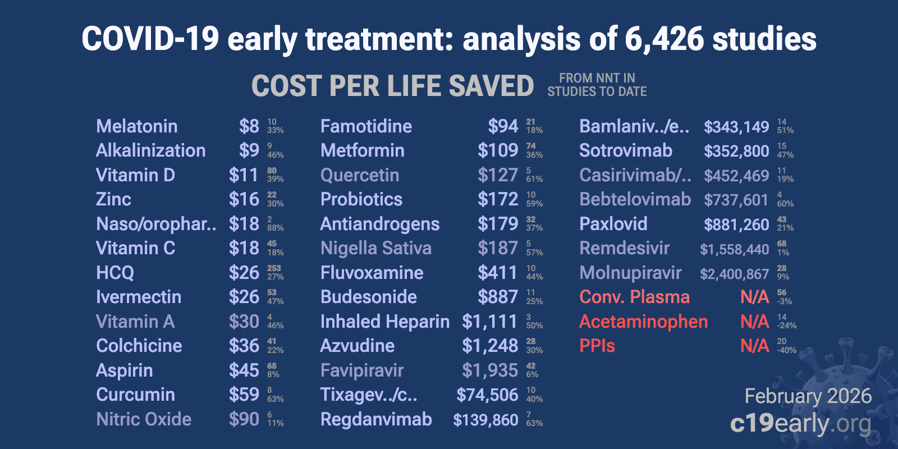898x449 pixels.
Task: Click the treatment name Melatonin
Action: (136, 126)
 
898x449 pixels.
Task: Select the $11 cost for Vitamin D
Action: (244, 175)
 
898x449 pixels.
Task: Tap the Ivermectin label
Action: (139, 297)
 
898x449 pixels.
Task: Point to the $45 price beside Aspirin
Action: (244, 370)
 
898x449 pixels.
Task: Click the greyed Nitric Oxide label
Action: (144, 419)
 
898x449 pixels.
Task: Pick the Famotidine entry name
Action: (366, 126)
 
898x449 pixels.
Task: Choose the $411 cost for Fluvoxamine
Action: (497, 273)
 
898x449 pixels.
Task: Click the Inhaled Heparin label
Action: (384, 322)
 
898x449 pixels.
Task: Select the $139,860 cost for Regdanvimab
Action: (485, 420)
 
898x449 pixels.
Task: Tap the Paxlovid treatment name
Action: (613, 224)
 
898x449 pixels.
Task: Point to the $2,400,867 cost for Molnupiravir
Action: (734, 274)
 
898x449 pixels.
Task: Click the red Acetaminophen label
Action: (643, 322)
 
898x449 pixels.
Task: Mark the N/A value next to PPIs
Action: (754, 346)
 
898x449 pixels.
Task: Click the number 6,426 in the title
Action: (663, 39)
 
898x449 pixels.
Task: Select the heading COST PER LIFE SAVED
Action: (392, 86)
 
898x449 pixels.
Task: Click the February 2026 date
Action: (808, 396)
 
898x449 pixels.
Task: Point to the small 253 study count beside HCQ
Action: (274, 268)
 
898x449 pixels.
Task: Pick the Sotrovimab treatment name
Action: (625, 150)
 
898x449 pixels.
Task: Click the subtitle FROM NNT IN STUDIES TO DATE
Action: (597, 85)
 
